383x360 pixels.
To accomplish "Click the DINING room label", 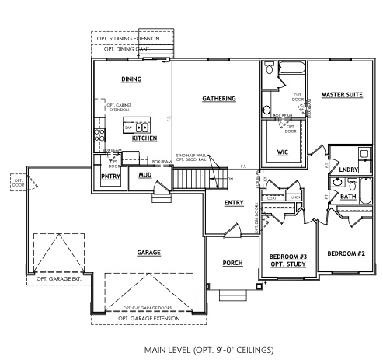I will (131, 79).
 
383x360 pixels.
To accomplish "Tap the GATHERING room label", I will (218, 99).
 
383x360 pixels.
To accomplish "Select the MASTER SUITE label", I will (342, 94).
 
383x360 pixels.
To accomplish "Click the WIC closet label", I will (282, 152).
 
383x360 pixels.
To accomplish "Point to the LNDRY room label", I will (347, 168).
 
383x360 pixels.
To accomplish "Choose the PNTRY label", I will (109, 176).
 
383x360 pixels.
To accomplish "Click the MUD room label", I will (144, 175).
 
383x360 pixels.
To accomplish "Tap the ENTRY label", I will (233, 203).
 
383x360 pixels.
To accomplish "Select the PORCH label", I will (233, 264).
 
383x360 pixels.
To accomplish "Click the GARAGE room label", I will (148, 253).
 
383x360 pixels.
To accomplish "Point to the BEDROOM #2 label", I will (346, 253).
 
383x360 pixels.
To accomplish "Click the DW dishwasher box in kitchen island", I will (129, 126).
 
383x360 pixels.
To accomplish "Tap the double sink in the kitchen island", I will (143, 127).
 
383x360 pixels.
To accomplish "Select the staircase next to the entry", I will (188, 180).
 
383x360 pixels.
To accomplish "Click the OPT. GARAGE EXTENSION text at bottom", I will (148, 318).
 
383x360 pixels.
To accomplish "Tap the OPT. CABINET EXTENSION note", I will (118, 107).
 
